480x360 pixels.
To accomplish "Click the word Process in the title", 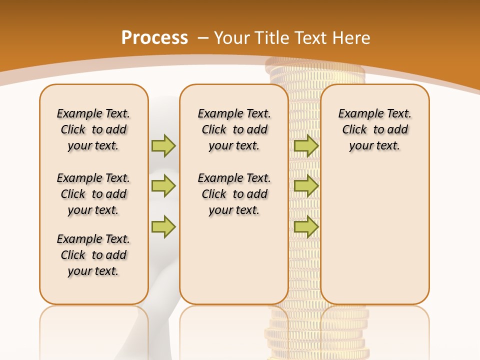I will click(154, 37).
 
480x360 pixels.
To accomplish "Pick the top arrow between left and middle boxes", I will click(163, 145).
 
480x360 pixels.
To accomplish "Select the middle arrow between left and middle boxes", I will click(163, 186).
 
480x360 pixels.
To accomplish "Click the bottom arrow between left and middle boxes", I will click(163, 227).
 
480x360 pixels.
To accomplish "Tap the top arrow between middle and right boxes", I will click(306, 145).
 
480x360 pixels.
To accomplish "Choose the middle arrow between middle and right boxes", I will click(306, 186).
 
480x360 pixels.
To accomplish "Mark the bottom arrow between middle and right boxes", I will click(306, 227).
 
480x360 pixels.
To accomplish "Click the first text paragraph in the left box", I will click(93, 129).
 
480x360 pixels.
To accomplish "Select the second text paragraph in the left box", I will click(93, 194).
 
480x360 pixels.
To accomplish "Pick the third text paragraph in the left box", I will click(93, 255).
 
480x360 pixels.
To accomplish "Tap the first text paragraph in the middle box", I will click(234, 129).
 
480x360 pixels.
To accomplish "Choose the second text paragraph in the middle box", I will click(234, 194).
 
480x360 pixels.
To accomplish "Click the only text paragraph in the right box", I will click(374, 129).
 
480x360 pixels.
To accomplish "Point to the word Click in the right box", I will click(354, 129).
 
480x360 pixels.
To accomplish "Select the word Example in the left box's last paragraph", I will click(75, 239).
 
